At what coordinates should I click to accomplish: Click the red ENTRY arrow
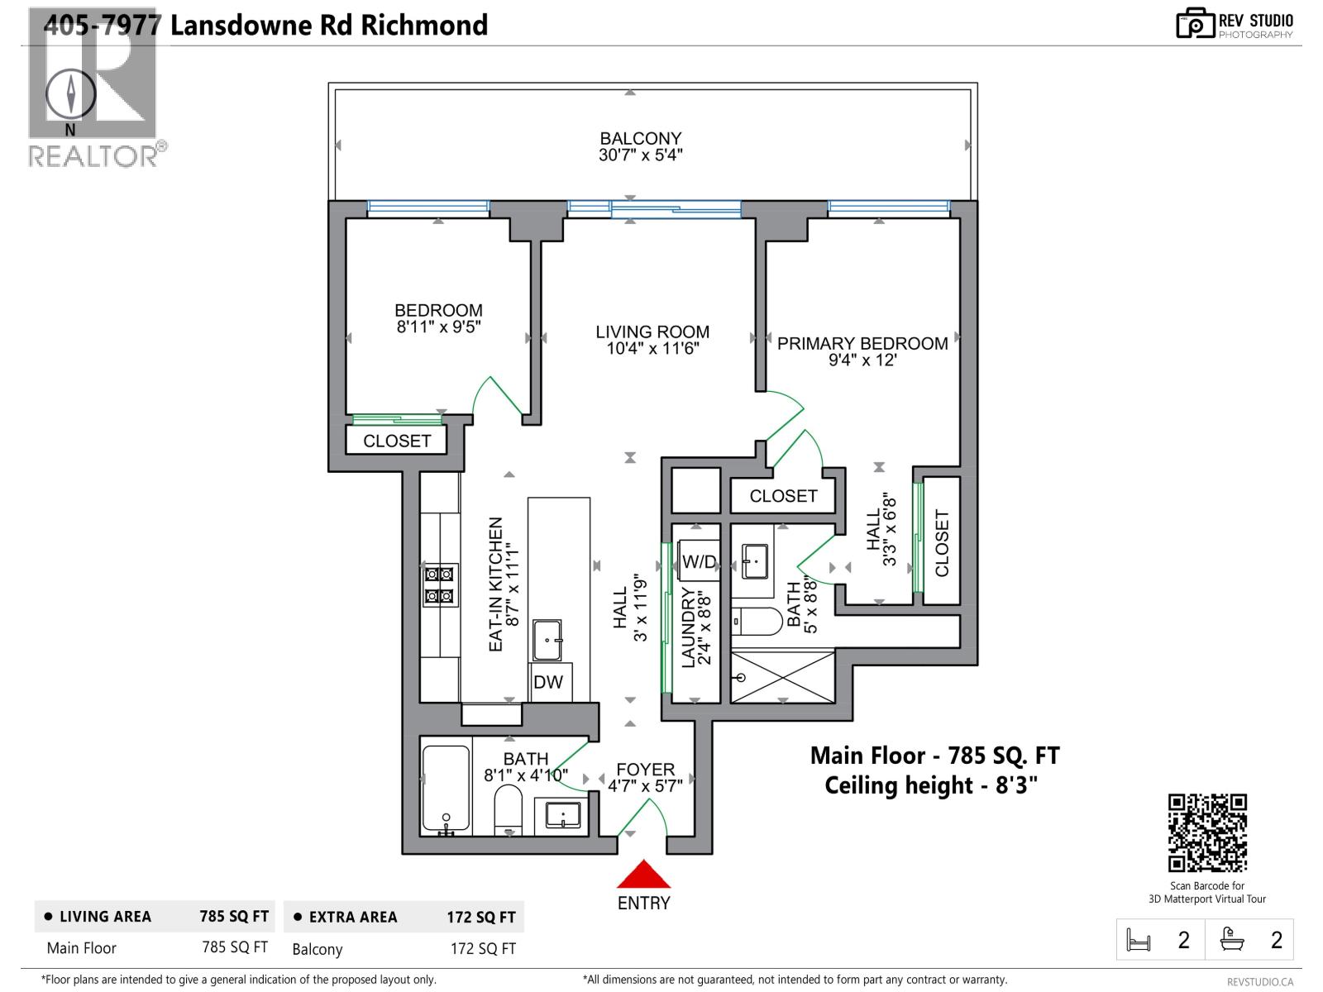(643, 875)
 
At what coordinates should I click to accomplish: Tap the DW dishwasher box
(548, 682)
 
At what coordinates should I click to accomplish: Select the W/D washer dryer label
(699, 562)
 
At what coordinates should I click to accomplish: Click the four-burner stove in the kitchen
(439, 584)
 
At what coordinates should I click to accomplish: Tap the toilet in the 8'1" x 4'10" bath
(509, 809)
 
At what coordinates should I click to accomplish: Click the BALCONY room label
(641, 139)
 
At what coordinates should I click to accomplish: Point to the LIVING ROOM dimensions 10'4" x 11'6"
(652, 349)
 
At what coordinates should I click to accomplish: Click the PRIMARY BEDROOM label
(862, 344)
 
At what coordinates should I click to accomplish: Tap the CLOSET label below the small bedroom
(397, 441)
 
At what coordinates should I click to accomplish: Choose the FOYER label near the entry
(645, 770)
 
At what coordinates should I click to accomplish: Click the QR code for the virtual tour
(1207, 832)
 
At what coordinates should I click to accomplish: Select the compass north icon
(70, 93)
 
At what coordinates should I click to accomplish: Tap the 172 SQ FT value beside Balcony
(483, 949)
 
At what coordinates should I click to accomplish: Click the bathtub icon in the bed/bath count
(1232, 940)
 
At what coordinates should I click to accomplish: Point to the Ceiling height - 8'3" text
(931, 785)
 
